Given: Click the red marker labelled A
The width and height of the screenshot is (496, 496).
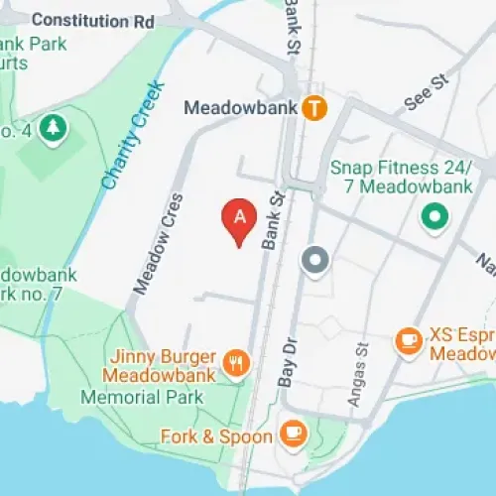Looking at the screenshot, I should click(239, 219).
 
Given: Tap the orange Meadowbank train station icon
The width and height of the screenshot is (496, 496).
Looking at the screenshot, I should click(314, 107).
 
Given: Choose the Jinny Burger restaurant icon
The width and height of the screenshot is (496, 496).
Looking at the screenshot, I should click(235, 363).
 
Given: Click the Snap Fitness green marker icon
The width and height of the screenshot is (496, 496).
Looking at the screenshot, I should click(433, 215).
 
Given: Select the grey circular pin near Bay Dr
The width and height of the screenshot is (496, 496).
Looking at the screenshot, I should click(315, 260).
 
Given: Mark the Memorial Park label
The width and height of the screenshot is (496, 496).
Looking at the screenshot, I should click(142, 397).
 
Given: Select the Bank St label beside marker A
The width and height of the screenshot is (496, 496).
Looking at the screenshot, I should click(272, 220).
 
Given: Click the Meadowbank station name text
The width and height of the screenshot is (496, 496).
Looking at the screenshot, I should click(241, 107).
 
